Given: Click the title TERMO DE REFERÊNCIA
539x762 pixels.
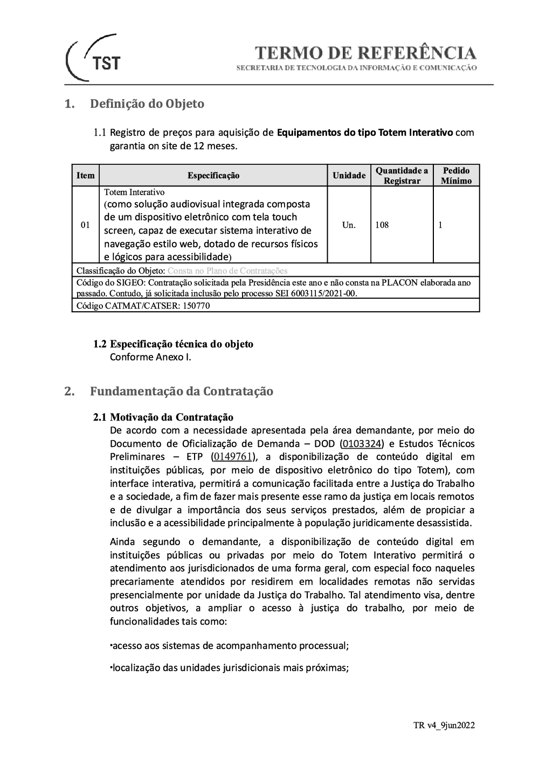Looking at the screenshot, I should click(365, 53).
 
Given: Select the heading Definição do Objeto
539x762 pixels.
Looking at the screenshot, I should click(147, 104).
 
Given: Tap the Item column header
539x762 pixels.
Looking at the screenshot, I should click(86, 176).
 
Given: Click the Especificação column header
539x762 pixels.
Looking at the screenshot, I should click(213, 176).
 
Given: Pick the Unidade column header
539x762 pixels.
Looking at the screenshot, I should click(349, 176).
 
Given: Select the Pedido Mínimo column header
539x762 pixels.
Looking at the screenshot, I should click(456, 176).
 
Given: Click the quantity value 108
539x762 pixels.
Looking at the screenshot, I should click(382, 225).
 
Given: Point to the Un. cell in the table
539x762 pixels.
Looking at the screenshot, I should click(349, 225).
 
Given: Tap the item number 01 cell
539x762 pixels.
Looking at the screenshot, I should click(85, 225).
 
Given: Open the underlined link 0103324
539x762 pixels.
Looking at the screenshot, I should click(362, 444).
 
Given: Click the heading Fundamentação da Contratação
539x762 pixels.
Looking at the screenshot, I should click(181, 392).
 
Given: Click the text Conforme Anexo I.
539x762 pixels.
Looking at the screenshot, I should click(150, 357).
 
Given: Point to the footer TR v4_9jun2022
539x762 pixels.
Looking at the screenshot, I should click(444, 725).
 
